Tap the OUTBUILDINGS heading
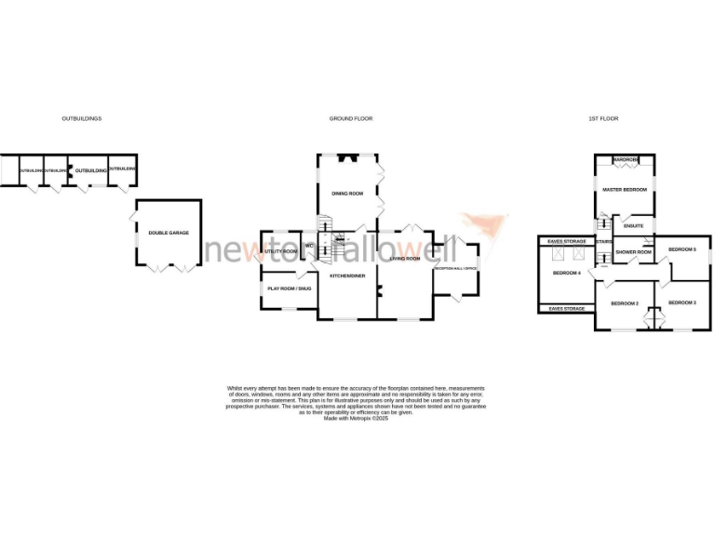[81, 119]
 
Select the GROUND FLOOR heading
[351, 119]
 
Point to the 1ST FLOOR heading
[603, 119]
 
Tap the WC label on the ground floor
[308, 246]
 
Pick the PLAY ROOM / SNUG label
[289, 288]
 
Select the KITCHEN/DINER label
[346, 276]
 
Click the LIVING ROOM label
[405, 258]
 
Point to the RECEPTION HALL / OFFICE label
[455, 268]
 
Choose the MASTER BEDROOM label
[624, 190]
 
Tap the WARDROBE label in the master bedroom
[625, 160]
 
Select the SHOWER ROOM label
[632, 251]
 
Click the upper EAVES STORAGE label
[566, 241]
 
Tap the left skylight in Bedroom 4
[560, 256]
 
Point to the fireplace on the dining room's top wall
[346, 157]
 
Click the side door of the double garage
[134, 216]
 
